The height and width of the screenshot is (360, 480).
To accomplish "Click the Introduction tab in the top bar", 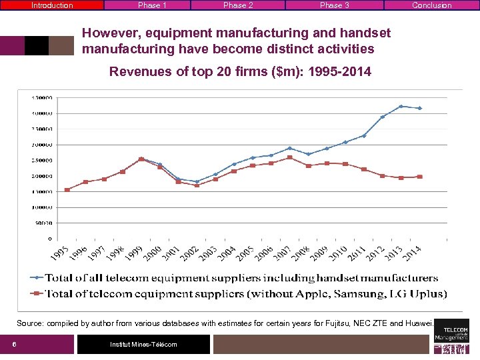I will coord(52,5).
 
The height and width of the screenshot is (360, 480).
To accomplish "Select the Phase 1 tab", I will coord(152,5).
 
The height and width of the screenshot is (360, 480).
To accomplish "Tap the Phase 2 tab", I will coord(238,5).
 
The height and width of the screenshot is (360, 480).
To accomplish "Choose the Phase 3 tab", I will coord(334,5).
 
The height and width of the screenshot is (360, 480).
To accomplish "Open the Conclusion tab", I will coord(431,5).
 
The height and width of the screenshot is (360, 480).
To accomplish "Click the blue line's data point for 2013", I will coord(401,106).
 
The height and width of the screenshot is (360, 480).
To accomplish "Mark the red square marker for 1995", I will coord(67,189).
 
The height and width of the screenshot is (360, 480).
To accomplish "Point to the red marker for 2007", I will coord(289,157).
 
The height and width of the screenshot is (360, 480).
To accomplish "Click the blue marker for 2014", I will coord(419,108).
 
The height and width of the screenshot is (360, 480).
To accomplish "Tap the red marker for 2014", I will coord(419,177).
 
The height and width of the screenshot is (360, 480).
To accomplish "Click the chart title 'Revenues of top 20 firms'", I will coord(240,71).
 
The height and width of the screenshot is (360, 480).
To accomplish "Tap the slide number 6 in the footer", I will coord(14,344).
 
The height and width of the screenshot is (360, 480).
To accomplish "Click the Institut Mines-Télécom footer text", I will coord(143,344).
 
